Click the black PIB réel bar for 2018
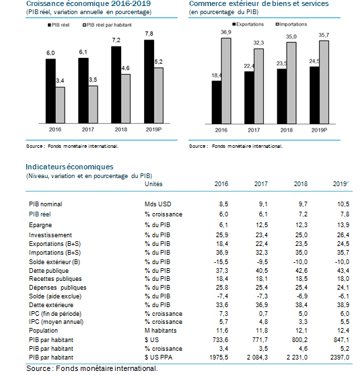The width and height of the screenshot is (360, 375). tap(116, 85)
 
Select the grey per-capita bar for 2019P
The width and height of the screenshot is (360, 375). tap(159, 95)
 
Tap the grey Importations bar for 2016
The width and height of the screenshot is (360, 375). tap(226, 81)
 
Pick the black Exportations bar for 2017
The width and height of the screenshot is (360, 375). tap(249, 97)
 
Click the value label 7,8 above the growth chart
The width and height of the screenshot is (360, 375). tap(149, 34)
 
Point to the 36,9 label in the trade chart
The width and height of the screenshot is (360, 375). tap(226, 32)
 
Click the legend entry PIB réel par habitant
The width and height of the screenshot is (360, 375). tap(107, 25)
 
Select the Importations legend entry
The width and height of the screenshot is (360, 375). tap(291, 24)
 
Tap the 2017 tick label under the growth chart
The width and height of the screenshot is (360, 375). tap(88, 130)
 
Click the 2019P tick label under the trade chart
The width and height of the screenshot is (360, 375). tap(319, 130)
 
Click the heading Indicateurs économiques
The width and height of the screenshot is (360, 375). tap(69, 167)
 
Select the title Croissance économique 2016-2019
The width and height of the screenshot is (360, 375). tap(88, 4)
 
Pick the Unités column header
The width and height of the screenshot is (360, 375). tap(153, 184)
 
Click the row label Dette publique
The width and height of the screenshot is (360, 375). tap(48, 271)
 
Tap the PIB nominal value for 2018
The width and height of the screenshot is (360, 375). tap(303, 204)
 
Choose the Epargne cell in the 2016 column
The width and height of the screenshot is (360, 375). tap(223, 225)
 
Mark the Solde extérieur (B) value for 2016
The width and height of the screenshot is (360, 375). tap(221, 262)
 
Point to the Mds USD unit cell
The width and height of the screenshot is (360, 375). tap(158, 204)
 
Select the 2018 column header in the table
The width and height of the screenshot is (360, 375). tap(301, 184)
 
